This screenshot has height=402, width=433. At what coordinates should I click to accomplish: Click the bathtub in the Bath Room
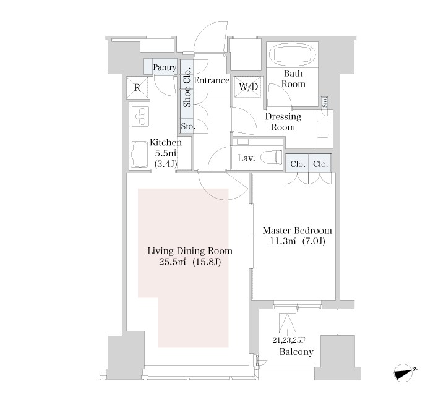(293, 54)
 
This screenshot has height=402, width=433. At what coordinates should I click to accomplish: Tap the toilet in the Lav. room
(272, 156)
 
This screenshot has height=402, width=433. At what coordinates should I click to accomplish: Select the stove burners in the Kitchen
(140, 116)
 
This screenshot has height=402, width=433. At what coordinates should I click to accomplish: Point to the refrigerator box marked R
(137, 88)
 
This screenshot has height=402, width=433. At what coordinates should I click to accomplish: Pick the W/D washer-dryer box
(247, 87)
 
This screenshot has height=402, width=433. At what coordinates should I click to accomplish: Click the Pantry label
(165, 67)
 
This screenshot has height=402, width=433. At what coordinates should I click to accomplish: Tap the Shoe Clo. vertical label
(187, 87)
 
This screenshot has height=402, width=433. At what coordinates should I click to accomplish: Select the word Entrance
(212, 80)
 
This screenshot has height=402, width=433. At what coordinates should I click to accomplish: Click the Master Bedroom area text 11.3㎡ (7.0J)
(298, 241)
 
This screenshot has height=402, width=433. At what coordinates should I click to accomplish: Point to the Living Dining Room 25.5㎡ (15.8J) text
(190, 256)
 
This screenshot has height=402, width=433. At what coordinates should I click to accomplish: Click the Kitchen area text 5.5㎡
(166, 153)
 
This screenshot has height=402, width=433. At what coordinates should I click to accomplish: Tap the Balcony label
(296, 352)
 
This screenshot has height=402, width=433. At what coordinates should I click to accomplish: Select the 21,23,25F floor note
(289, 340)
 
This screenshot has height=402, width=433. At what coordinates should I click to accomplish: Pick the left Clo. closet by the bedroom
(297, 163)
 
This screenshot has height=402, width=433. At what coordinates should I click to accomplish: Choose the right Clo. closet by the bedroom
(320, 163)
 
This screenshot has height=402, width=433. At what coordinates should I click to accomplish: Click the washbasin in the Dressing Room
(322, 129)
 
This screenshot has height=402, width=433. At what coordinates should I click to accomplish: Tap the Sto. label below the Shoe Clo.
(188, 126)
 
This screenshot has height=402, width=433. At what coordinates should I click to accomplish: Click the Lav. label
(246, 158)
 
